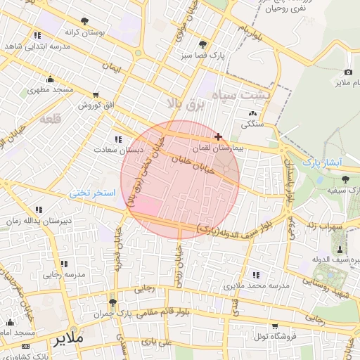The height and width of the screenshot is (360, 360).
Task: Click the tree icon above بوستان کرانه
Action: pos(85,21)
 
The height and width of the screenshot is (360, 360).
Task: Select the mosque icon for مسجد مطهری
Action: pos(50,79)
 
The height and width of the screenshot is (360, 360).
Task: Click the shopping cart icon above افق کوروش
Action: pos(96,94)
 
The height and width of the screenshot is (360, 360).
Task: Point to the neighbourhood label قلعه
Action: pos(51,119)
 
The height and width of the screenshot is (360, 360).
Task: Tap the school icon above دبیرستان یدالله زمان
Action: pos(38,210)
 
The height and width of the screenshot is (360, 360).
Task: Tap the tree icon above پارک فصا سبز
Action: pos(202,44)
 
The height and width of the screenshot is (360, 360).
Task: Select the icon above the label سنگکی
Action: pos(252,113)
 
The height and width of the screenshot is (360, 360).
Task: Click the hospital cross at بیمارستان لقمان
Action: pos(219,136)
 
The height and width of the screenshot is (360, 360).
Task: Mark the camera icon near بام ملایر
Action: pos(348,72)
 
